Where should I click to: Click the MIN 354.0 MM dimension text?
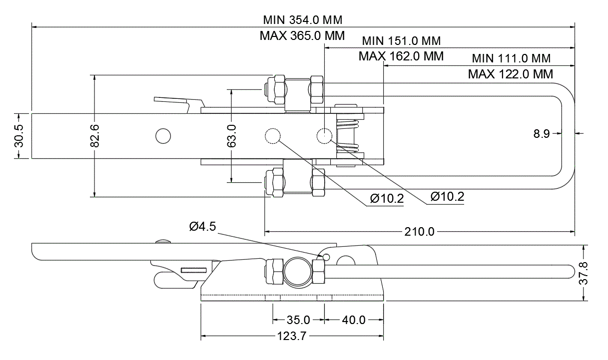pyautogui.click(x=302, y=20)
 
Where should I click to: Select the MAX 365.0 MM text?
pyautogui.click(x=302, y=36)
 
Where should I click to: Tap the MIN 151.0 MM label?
pyautogui.click(x=401, y=40)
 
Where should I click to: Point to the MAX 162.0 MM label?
pyautogui.click(x=401, y=56)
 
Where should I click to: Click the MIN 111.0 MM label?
pyautogui.click(x=511, y=58)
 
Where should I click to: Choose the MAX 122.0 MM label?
pyautogui.click(x=511, y=74)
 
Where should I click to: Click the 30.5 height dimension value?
pyautogui.click(x=18, y=136)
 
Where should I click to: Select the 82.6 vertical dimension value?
pyautogui.click(x=95, y=136)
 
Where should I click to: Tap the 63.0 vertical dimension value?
pyautogui.click(x=231, y=136)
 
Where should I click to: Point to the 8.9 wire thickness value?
pyautogui.click(x=542, y=133)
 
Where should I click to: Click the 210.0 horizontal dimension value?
pyautogui.click(x=420, y=232)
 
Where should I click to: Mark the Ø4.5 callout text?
pyautogui.click(x=202, y=227)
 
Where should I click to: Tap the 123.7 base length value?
pyautogui.click(x=291, y=337)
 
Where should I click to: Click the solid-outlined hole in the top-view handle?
pyautogui.click(x=163, y=135)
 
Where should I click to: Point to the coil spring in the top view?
pyautogui.click(x=348, y=135)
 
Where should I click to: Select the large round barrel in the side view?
pyautogui.click(x=298, y=272)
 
